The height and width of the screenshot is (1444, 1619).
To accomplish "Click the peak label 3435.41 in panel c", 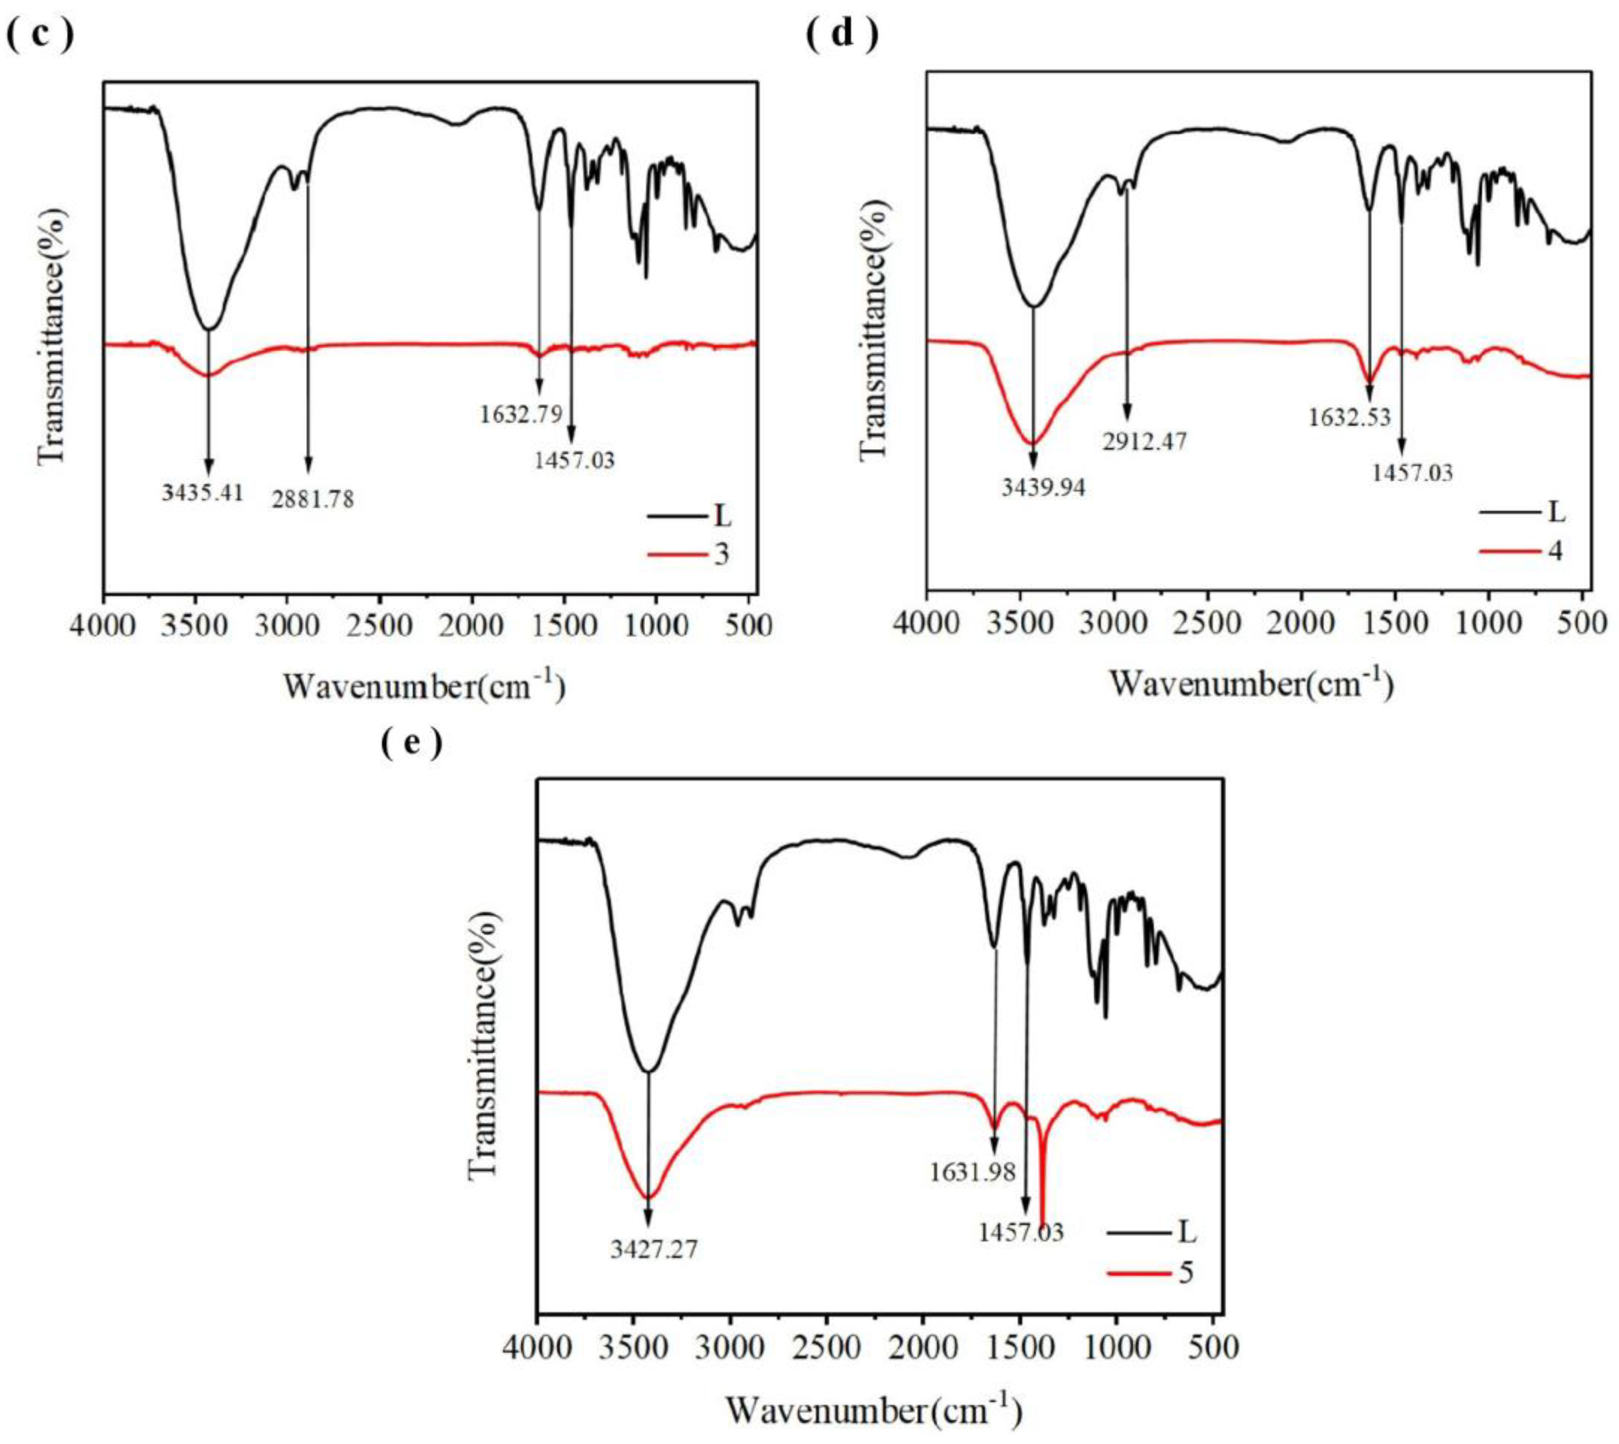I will tap(202, 493).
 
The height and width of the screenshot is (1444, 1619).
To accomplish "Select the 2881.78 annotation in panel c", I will tap(313, 500).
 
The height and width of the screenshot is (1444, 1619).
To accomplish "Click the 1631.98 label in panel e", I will tap(973, 1172).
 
